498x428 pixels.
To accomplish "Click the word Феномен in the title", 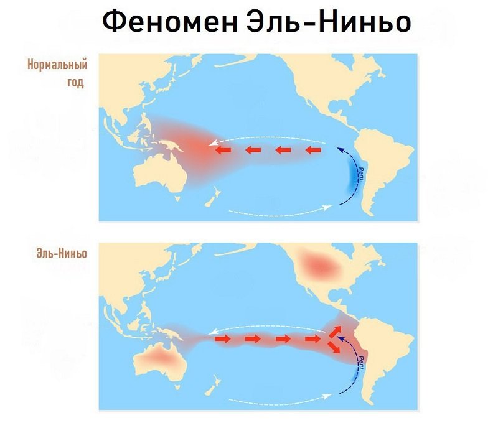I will [164, 22].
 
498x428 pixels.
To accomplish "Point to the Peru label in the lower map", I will [362, 362].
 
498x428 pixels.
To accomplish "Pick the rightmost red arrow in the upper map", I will [316, 150].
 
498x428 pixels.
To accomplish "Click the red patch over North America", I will [321, 266].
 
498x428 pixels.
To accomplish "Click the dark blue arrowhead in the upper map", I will [339, 150].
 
